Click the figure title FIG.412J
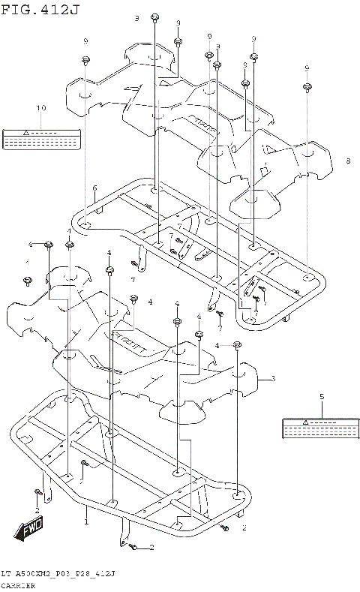(39, 8)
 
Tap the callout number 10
(40, 108)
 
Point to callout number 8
(348, 161)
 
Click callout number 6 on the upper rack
(94, 188)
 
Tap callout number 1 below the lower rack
(86, 520)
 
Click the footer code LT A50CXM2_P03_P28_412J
(58, 572)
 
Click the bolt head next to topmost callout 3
(155, 18)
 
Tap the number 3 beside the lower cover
(273, 378)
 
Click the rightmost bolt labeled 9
(307, 88)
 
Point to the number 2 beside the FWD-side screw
(37, 510)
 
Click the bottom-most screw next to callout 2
(133, 548)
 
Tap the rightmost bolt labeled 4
(237, 344)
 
